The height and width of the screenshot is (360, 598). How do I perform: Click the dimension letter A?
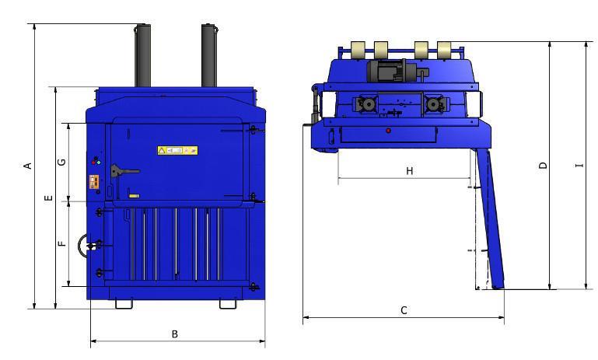(x=27, y=166)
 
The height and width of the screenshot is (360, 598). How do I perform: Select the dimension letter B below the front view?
(x=175, y=334)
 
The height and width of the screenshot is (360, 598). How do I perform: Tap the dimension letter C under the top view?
(x=404, y=310)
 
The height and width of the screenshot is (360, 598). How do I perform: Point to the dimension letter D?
(x=544, y=165)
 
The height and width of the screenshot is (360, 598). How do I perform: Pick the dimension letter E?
(x=48, y=199)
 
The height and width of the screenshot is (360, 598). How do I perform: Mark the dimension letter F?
(x=62, y=243)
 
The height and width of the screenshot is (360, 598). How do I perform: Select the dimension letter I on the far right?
(x=579, y=165)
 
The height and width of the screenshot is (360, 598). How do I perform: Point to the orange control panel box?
(x=95, y=181)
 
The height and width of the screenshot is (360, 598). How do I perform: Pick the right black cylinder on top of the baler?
(x=208, y=56)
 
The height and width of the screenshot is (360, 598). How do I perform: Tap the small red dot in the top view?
(x=388, y=131)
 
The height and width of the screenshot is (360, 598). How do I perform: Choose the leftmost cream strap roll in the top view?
(x=358, y=51)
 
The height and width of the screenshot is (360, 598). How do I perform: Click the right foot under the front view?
(x=228, y=303)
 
